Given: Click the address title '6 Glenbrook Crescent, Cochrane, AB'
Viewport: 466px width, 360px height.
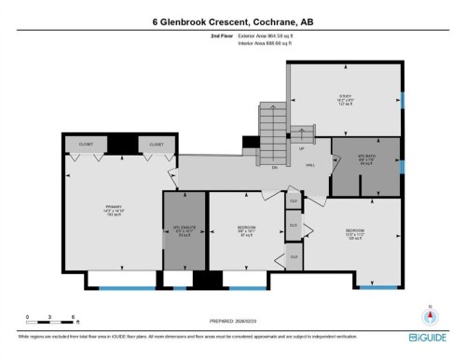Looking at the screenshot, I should click(x=232, y=19).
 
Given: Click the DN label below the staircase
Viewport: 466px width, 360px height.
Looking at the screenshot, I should click(x=274, y=168).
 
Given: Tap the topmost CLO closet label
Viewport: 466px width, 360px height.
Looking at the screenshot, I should click(x=294, y=201).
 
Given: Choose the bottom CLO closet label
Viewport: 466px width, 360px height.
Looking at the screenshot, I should click(x=294, y=256).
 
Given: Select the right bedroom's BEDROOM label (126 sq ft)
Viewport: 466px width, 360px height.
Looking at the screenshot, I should click(x=355, y=234).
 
